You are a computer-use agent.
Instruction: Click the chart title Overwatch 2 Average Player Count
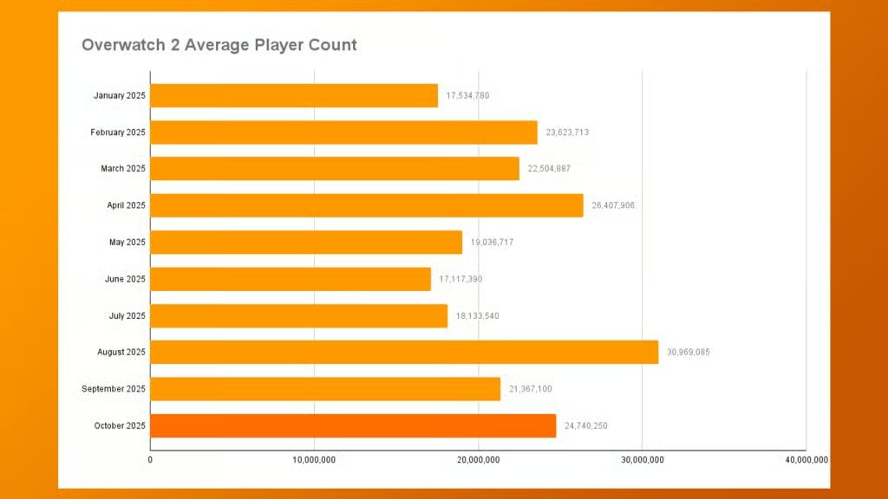[x=219, y=45]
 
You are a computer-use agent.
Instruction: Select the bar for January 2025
[x=294, y=95]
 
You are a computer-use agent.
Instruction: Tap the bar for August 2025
[x=404, y=352]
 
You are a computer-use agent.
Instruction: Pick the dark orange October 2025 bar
[x=353, y=425]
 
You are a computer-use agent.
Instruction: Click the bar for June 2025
[x=291, y=279]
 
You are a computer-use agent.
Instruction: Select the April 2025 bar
[x=367, y=205]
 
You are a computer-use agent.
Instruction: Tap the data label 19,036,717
[x=492, y=243]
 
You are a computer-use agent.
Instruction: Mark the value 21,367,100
[x=530, y=389]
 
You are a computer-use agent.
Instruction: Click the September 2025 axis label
[x=114, y=389]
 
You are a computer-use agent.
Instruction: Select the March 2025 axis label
[x=123, y=169]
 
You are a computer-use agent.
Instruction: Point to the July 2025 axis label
[x=126, y=315]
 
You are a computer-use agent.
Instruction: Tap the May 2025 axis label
[x=127, y=243]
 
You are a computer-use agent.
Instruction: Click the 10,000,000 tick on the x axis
[x=314, y=459]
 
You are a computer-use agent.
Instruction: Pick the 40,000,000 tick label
[x=806, y=459]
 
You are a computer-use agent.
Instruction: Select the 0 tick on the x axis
[x=151, y=459]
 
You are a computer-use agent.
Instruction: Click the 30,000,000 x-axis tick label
[x=642, y=459]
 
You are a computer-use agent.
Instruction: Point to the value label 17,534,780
[x=467, y=95]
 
